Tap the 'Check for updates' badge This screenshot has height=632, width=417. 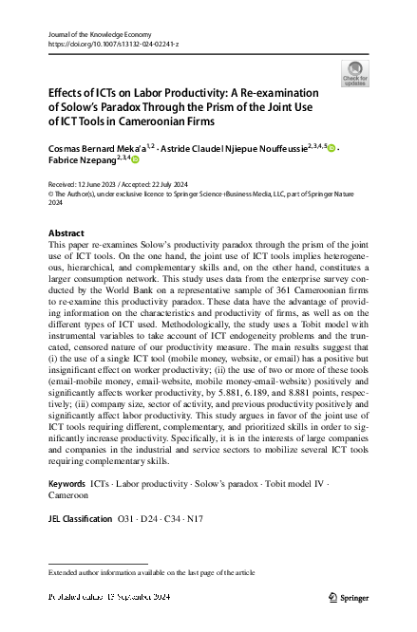[x=355, y=72]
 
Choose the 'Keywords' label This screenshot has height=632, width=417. [x=69, y=485]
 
